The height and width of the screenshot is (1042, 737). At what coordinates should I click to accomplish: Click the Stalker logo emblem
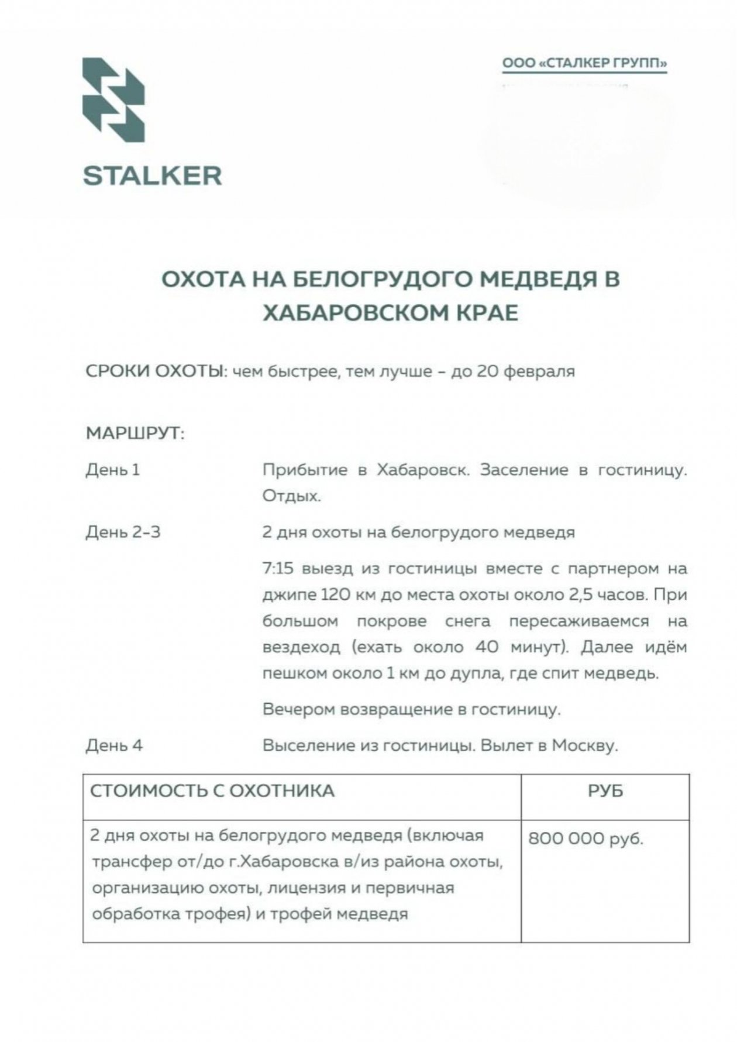point(113,100)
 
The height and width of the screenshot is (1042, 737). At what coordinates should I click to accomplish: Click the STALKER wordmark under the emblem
point(153,176)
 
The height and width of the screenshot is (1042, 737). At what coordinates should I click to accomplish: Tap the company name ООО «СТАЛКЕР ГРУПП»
point(584,63)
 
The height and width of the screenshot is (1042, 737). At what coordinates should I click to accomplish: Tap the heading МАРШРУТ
point(135,434)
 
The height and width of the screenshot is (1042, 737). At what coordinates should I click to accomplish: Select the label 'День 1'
point(113,470)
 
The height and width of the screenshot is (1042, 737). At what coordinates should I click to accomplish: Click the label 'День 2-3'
point(123,532)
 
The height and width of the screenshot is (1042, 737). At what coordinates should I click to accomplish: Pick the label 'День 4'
point(114,745)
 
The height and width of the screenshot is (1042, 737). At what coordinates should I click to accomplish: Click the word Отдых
point(291,496)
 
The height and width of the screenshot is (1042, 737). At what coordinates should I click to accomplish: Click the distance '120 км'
point(349,595)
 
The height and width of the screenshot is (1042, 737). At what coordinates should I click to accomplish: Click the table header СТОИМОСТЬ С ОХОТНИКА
point(212,791)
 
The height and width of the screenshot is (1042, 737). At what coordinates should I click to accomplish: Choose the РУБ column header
point(605,791)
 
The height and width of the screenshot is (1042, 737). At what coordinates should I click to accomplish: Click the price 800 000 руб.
point(586,839)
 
